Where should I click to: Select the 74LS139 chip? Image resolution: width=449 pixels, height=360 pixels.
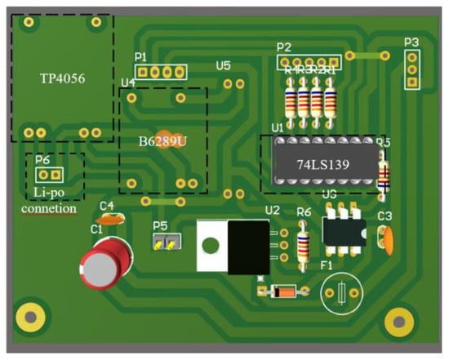click(x=322, y=163)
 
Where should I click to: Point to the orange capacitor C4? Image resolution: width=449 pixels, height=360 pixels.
click(x=109, y=218)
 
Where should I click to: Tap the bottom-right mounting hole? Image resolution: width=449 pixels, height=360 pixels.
click(x=400, y=321)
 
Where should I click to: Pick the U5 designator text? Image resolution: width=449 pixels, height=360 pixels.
click(x=223, y=65)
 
